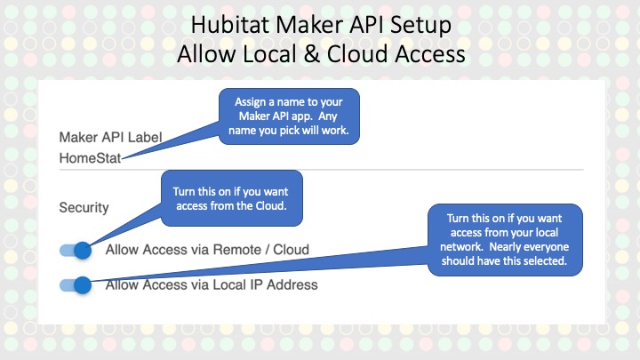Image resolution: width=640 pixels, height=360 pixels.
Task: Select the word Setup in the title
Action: [421, 23]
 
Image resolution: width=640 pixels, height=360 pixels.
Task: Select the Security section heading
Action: [84, 207]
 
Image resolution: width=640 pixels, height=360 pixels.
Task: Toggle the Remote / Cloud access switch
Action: [78, 250]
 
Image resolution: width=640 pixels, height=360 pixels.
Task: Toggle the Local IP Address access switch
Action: [78, 285]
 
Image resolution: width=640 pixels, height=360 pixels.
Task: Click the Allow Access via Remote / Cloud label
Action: [207, 250]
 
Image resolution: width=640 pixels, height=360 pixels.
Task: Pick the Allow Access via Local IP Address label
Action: [212, 285]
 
